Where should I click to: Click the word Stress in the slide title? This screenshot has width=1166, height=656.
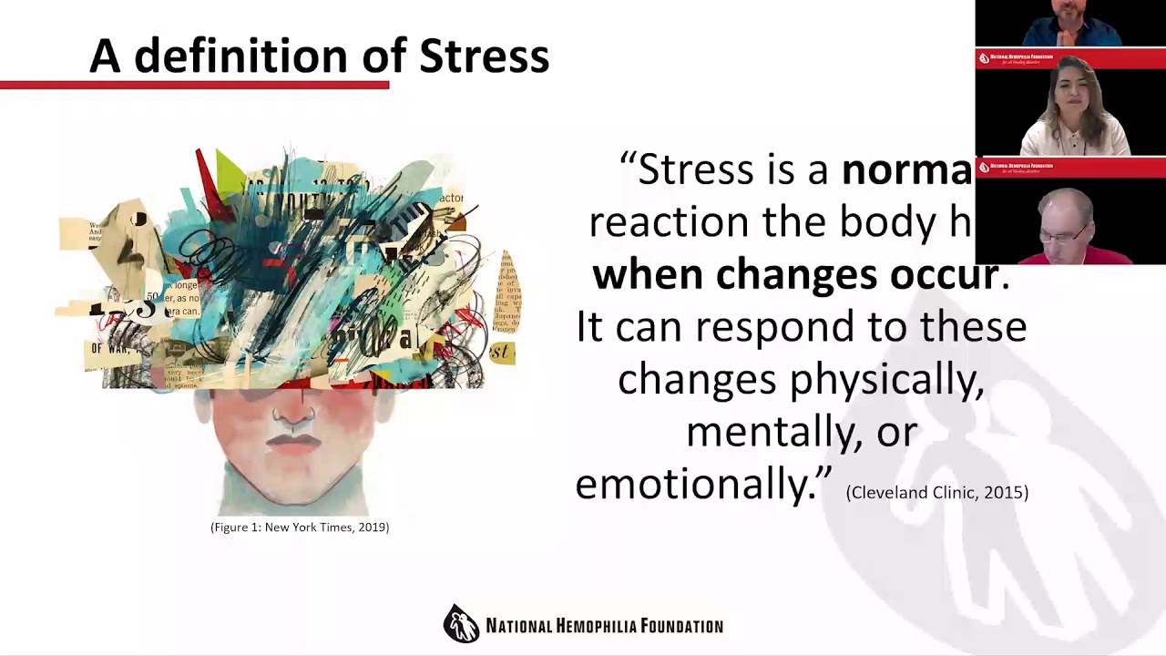click(x=484, y=56)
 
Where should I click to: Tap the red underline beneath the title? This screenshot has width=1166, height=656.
click(x=194, y=85)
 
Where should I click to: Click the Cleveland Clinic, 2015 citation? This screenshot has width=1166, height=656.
click(x=936, y=493)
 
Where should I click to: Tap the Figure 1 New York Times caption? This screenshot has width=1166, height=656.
click(x=300, y=528)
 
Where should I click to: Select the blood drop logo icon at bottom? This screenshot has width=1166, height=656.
click(x=461, y=624)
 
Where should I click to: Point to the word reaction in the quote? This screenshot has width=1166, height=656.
click(x=670, y=222)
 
